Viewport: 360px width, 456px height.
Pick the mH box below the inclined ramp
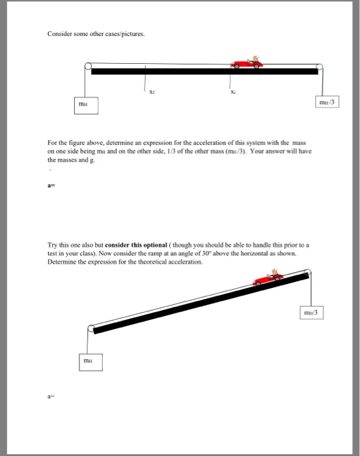point(87,359)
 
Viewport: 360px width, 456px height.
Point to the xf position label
point(152,93)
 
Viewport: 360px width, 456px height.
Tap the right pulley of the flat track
point(319,66)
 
